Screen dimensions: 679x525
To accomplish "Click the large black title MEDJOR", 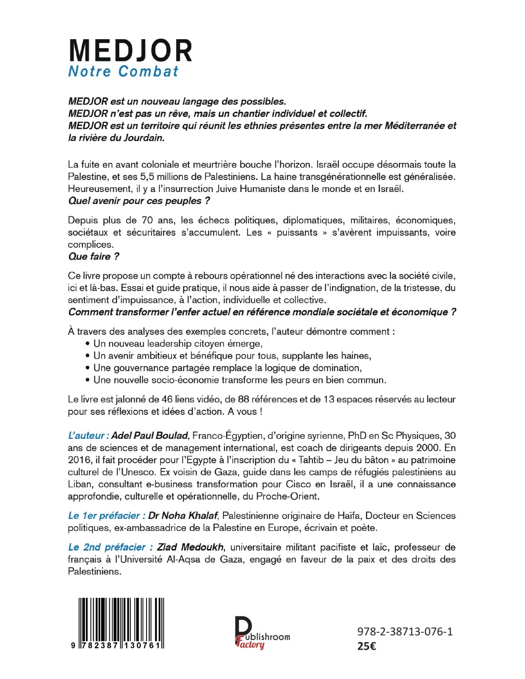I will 130,51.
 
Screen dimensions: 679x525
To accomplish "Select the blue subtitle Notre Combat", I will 124,72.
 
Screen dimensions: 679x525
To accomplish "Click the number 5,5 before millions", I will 147,177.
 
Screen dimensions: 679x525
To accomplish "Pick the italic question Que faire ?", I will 94,256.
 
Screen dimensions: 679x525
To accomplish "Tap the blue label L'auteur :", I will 88,435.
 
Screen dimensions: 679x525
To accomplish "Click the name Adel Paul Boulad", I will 150,435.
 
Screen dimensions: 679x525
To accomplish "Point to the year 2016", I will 80,460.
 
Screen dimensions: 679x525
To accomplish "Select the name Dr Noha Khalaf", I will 183,516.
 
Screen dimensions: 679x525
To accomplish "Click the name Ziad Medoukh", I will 190,547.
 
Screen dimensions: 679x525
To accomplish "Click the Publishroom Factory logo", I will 262,633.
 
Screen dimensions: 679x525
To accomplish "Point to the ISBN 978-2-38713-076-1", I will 405,632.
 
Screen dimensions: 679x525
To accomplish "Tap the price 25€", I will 367,647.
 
